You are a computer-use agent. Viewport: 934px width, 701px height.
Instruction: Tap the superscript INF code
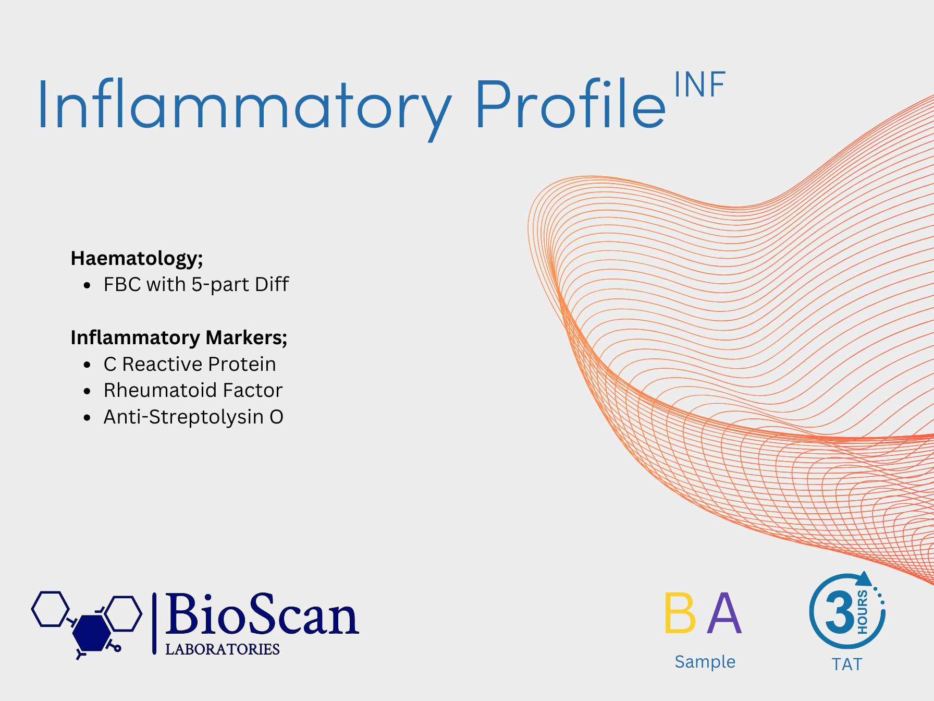tap(699, 84)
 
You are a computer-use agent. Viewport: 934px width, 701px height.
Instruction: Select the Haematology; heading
tap(137, 259)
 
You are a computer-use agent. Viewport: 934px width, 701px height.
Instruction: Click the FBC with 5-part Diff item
tap(196, 285)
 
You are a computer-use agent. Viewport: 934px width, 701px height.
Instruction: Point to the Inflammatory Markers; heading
tap(179, 338)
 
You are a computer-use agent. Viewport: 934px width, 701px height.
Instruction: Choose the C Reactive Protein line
tap(190, 364)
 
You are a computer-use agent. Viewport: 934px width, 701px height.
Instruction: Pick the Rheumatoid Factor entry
tap(193, 390)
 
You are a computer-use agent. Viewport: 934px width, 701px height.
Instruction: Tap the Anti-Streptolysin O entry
tap(193, 417)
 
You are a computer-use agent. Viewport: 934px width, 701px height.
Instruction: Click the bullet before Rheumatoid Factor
tap(87, 391)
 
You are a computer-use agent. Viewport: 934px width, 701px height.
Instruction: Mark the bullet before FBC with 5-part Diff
tap(87, 285)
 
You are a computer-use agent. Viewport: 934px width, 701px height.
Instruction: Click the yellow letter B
tap(680, 613)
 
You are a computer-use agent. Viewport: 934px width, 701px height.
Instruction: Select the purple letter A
tap(724, 613)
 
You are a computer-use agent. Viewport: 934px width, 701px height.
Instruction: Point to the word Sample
tap(705, 661)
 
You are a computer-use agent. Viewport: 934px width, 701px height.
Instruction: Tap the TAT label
tap(847, 664)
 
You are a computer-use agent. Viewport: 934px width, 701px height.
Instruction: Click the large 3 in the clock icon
tap(840, 613)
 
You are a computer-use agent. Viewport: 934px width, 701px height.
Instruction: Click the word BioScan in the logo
tap(262, 615)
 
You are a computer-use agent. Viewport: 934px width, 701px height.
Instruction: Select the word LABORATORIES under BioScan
tap(223, 649)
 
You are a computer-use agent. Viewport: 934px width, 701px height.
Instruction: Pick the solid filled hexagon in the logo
tap(92, 633)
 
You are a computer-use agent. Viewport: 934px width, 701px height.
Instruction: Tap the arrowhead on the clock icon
tap(865, 579)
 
